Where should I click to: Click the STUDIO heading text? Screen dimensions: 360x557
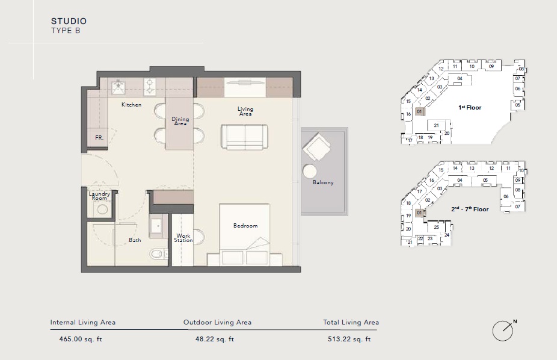(x=69, y=21)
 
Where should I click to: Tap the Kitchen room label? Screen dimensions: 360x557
(x=132, y=105)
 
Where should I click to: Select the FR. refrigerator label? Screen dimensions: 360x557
(x=99, y=138)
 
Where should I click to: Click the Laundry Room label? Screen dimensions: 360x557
(x=99, y=196)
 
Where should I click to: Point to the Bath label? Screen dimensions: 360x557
(x=135, y=240)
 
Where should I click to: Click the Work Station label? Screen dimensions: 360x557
(x=183, y=238)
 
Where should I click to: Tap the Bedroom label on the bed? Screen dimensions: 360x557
(x=245, y=226)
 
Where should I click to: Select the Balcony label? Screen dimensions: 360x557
(x=323, y=182)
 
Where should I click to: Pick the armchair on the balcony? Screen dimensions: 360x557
(x=316, y=147)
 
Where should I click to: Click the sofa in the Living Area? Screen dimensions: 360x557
(x=245, y=137)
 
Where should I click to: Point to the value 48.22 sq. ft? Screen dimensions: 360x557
(x=215, y=339)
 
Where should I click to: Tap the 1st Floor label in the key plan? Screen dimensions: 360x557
(x=470, y=108)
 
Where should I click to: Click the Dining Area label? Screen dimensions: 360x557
(x=180, y=121)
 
